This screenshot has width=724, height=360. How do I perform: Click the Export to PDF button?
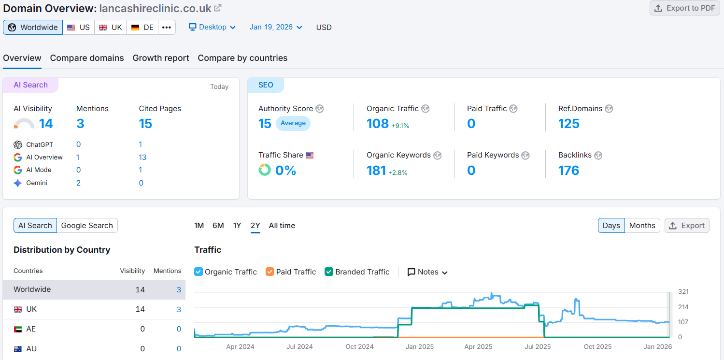pyautogui.click(x=685, y=8)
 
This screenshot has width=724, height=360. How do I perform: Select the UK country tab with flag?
pyautogui.click(x=111, y=28)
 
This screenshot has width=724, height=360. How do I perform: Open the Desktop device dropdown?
pyautogui.click(x=212, y=27)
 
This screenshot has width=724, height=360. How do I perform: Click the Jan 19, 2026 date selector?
pyautogui.click(x=276, y=27)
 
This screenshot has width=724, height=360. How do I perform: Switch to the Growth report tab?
pyautogui.click(x=161, y=58)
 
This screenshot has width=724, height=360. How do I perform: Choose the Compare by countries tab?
pyautogui.click(x=242, y=58)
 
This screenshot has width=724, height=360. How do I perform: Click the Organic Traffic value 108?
pyautogui.click(x=377, y=124)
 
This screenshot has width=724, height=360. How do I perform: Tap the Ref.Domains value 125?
pyautogui.click(x=568, y=124)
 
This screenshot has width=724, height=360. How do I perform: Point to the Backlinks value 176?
pyautogui.click(x=568, y=171)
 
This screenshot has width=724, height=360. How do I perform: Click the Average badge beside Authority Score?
pyautogui.click(x=293, y=123)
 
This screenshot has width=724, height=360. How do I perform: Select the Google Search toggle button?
pyautogui.click(x=87, y=226)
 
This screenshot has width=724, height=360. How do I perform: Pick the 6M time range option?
pyautogui.click(x=218, y=226)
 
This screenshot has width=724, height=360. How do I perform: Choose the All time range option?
pyautogui.click(x=282, y=226)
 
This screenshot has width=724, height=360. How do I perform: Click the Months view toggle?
pyautogui.click(x=642, y=226)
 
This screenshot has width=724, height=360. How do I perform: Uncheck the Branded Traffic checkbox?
pyautogui.click(x=329, y=272)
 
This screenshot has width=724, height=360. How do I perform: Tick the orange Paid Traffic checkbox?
pyautogui.click(x=270, y=272)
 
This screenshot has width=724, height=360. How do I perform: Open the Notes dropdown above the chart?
pyautogui.click(x=427, y=272)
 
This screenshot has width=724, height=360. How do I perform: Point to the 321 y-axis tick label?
pyautogui.click(x=683, y=292)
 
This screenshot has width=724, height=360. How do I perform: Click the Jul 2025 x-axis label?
pyautogui.click(x=538, y=346)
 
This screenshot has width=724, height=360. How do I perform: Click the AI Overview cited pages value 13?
pyautogui.click(x=142, y=158)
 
